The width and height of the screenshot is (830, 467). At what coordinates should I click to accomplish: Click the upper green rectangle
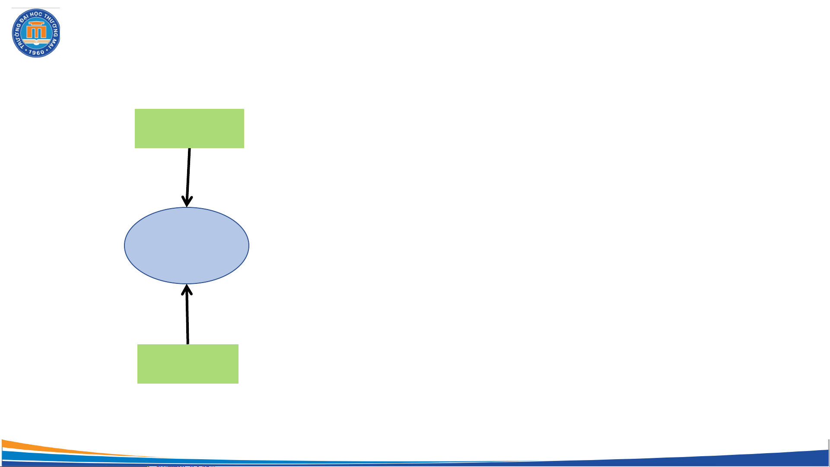[x=189, y=128]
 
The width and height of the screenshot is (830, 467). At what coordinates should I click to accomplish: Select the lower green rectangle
[x=188, y=364]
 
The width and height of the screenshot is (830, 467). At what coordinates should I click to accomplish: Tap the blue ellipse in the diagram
[x=187, y=245]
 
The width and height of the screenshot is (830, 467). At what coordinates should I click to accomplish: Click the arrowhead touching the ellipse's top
[x=187, y=202]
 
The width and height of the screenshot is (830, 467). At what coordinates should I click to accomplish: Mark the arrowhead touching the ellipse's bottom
[x=187, y=289]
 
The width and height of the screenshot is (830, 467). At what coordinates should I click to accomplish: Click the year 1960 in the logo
[x=36, y=53]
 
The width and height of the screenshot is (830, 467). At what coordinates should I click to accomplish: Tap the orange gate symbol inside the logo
[x=36, y=32]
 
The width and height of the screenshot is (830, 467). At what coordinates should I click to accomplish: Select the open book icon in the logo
[x=36, y=43]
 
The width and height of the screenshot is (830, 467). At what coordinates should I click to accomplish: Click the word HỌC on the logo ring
[x=36, y=14]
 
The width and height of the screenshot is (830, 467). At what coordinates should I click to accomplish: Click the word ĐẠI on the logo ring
[x=25, y=18]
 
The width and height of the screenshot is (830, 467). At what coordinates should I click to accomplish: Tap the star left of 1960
[x=26, y=51]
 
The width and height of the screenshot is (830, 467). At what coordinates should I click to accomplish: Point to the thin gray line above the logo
[x=35, y=8]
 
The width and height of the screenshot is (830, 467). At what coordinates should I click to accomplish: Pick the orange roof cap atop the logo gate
[x=36, y=23]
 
